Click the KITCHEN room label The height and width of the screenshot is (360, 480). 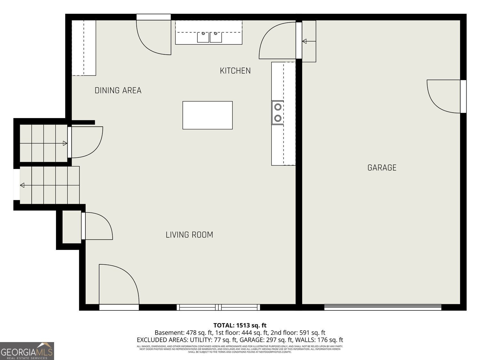(x=235, y=71)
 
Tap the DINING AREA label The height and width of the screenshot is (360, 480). (x=118, y=91)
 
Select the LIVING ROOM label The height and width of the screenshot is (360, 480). (x=189, y=235)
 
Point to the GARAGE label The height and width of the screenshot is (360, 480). (x=382, y=168)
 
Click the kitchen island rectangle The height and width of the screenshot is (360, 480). (x=207, y=115)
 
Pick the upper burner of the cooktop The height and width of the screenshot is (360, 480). (x=278, y=107)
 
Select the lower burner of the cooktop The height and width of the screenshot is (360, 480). (x=278, y=118)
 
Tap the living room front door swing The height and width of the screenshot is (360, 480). (x=118, y=285)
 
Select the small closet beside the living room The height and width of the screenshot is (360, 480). (x=71, y=227)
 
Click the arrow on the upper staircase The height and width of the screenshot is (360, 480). (x=65, y=143)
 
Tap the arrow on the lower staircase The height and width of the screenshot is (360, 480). (x=22, y=185)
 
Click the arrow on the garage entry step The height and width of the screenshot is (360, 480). (x=304, y=41)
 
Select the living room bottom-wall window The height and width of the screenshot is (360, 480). (x=218, y=307)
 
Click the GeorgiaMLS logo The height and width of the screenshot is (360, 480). (x=27, y=351)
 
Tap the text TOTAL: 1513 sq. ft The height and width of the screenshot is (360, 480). (x=240, y=326)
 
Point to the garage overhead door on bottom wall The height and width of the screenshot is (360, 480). (x=383, y=307)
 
